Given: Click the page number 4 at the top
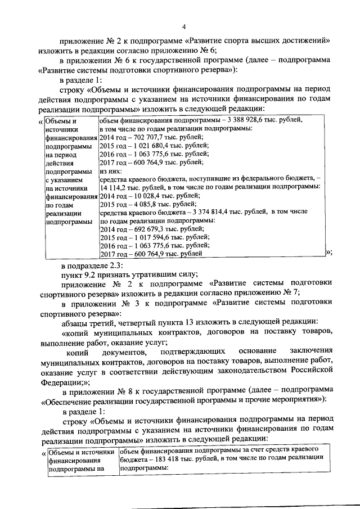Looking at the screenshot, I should pyautogui.click(x=183, y=26).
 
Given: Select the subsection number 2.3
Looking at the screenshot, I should pyautogui.click(x=122, y=265).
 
